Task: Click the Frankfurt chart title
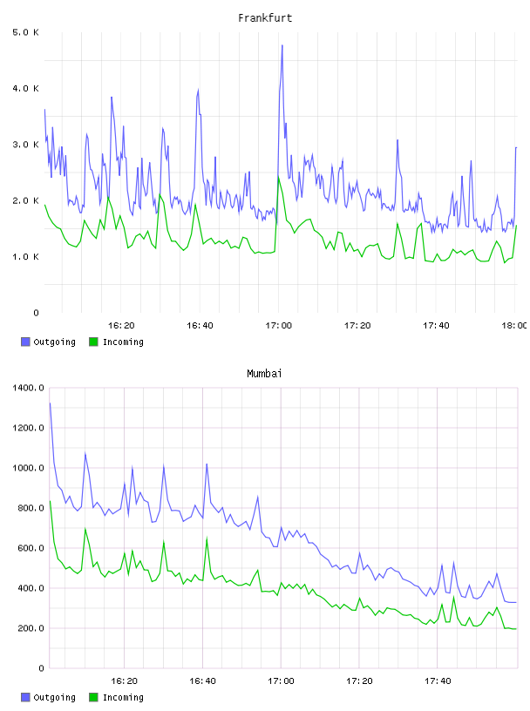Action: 265,18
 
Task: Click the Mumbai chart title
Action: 264,374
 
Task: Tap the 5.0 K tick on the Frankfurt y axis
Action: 26,32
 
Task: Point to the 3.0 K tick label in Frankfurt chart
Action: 26,145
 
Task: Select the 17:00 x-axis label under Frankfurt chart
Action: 279,325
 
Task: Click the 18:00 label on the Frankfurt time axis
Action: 514,325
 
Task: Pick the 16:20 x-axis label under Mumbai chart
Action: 124,681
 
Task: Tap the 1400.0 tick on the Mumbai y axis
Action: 28,388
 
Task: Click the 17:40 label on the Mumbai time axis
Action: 438,681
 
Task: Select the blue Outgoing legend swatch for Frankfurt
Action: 25,342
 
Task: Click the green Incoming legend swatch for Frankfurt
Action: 93,342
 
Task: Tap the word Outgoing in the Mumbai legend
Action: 54,697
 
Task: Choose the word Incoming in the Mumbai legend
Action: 123,697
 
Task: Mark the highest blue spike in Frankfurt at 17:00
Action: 282,45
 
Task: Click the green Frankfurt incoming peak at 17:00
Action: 279,177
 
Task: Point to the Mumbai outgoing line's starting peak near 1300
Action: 50,403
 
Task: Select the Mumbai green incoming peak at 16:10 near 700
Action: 85,529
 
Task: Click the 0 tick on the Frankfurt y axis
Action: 36,313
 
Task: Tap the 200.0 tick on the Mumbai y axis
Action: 31,628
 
